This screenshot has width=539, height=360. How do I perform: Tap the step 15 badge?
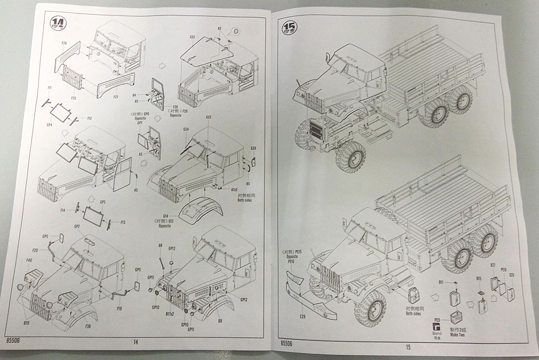(x=289, y=27)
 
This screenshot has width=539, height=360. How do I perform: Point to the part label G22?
(x=192, y=37)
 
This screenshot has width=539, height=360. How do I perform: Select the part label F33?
(x=73, y=98)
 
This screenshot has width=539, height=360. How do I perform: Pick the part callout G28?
(x=253, y=148)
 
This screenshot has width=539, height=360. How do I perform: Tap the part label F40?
(x=29, y=261)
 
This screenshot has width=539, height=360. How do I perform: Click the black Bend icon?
(x=437, y=327)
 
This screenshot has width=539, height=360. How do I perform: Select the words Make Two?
(x=458, y=335)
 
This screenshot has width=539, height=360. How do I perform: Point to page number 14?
(x=135, y=341)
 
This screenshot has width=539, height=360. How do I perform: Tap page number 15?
(x=407, y=347)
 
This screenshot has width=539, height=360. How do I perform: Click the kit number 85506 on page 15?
(x=287, y=343)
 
